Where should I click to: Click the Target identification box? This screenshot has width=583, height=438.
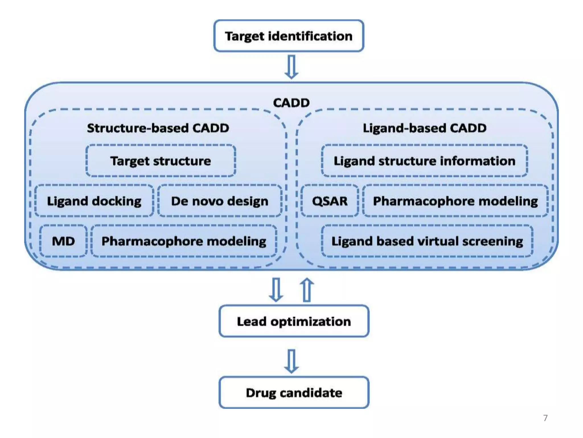(x=289, y=36)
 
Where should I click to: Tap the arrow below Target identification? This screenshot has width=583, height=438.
(x=291, y=67)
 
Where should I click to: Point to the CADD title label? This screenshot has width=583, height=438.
(x=291, y=103)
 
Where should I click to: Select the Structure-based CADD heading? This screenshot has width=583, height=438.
(x=158, y=128)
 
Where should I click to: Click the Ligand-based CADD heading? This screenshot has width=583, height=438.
(x=424, y=128)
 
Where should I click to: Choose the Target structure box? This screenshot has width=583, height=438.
(x=161, y=161)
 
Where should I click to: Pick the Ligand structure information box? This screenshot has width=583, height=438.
(x=424, y=161)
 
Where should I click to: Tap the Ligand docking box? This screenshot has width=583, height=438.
(x=94, y=201)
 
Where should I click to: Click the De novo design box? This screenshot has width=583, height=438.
(x=220, y=201)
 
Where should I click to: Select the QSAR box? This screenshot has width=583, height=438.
(x=330, y=201)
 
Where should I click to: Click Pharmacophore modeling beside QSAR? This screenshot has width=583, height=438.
(x=455, y=201)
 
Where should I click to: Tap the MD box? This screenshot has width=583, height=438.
(x=63, y=241)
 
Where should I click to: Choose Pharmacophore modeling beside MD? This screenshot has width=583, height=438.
(x=184, y=241)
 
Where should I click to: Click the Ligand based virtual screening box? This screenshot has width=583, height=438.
(x=427, y=241)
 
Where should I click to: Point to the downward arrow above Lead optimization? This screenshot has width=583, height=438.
(x=276, y=290)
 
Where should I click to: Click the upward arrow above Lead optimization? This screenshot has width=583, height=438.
(x=307, y=290)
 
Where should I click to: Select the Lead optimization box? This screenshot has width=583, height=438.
(x=294, y=321)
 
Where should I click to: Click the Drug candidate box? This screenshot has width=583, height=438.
(x=294, y=393)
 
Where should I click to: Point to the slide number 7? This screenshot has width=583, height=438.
(x=545, y=418)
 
